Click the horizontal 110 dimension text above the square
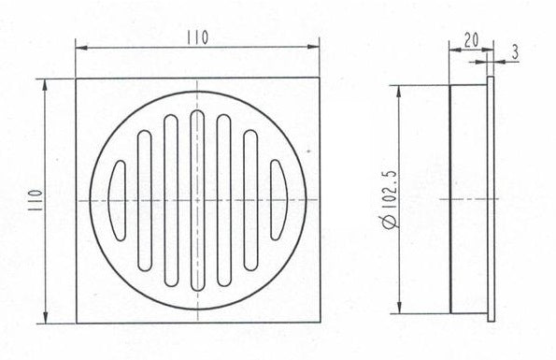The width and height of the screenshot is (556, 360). pos(196,37)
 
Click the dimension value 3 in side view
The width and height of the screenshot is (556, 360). pos(515,53)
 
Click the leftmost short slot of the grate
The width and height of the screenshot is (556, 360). pos(118,200)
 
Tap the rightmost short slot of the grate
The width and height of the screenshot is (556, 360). pos(278,200)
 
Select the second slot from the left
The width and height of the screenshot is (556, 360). pos(144,200)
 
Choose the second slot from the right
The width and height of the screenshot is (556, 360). pos(250,200)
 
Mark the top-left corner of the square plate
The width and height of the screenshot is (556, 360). pos(76,79)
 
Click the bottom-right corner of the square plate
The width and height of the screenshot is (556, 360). pos(320,324)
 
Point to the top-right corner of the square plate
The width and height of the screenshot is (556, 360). pos(320,79)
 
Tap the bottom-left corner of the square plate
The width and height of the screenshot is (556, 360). pos(76,324)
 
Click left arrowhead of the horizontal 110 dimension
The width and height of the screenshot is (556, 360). pos(80,46)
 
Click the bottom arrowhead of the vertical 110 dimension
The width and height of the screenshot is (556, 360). pos(46,318)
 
